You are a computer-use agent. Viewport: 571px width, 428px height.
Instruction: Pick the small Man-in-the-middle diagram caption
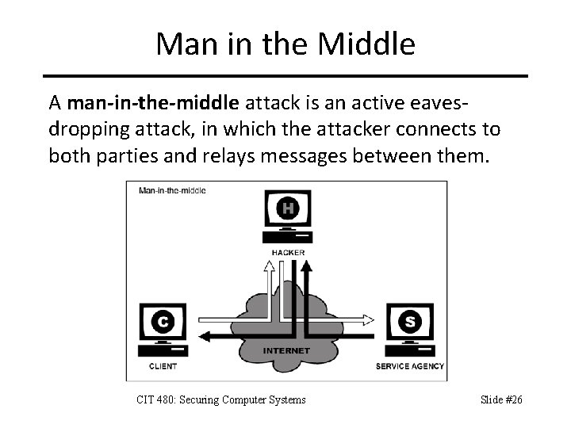pos(172,190)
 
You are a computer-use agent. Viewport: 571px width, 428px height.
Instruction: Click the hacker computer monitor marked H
pos(287,210)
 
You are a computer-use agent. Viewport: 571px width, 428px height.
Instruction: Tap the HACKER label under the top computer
pos(287,253)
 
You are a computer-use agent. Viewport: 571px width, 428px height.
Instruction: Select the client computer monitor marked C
pos(163,323)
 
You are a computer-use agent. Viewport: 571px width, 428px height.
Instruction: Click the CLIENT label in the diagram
pos(163,367)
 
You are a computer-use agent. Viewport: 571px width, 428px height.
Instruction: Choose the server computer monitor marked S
pos(409,322)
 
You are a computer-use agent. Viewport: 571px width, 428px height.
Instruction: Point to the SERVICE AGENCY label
pos(409,367)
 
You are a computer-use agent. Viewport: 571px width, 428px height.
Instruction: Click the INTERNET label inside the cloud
pos(286,350)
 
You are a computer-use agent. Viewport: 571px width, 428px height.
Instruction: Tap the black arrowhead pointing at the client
pos(204,336)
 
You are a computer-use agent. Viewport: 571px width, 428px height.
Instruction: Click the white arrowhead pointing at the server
pos(368,320)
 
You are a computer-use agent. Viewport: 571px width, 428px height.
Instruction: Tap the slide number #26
pos(514,399)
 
